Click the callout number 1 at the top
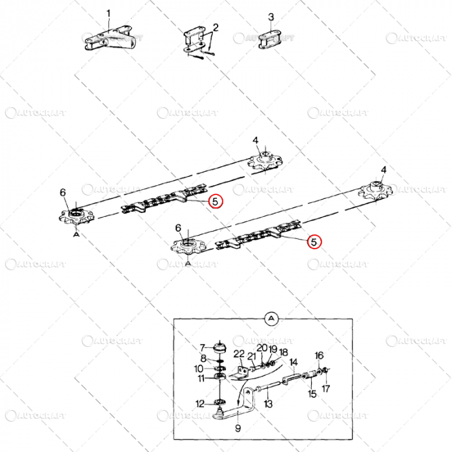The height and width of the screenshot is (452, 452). click(x=108, y=14)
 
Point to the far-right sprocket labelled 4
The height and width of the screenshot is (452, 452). click(x=375, y=191)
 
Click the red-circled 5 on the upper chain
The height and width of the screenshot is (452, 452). click(x=216, y=201)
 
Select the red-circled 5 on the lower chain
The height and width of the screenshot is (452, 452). click(x=314, y=242)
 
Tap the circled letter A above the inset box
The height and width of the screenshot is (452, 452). click(x=271, y=318)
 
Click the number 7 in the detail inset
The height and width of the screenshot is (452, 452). click(x=201, y=347)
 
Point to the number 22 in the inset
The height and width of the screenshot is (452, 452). click(x=239, y=354)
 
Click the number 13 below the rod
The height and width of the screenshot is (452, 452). click(x=268, y=404)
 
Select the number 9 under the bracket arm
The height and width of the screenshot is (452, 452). click(x=238, y=427)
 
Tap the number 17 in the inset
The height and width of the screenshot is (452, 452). click(x=325, y=389)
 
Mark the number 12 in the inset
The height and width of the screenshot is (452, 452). click(x=201, y=404)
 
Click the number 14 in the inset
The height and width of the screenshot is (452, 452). click(x=293, y=362)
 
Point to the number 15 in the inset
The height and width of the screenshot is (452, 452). click(x=313, y=394)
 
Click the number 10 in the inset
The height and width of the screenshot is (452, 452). click(x=201, y=368)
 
